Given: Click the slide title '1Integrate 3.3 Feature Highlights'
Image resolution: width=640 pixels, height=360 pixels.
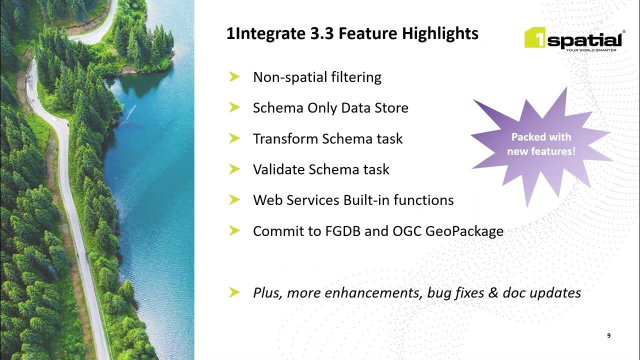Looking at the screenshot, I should pos(352,34).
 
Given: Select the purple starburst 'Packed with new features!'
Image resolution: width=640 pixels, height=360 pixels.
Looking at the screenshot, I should pos(541,144).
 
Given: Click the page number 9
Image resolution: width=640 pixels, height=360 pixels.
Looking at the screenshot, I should pos(608,336).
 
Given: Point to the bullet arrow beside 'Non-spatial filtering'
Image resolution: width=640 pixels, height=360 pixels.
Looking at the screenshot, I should pos(234,77).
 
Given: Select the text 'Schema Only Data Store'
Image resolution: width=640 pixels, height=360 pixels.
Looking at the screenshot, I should pos(330,108).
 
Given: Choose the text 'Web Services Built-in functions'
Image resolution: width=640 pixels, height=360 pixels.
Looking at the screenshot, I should pos(353,200).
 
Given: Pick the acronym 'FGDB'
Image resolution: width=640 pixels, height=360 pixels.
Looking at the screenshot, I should pos(346,231).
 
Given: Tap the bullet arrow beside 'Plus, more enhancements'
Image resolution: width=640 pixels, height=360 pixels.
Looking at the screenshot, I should pos(234,292).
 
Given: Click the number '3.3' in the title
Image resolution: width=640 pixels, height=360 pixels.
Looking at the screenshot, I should pos(324,34).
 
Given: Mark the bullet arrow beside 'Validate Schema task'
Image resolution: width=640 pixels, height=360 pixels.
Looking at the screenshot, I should pos(234,169).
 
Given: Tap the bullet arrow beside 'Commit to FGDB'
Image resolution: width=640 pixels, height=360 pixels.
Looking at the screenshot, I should pos(234,231).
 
